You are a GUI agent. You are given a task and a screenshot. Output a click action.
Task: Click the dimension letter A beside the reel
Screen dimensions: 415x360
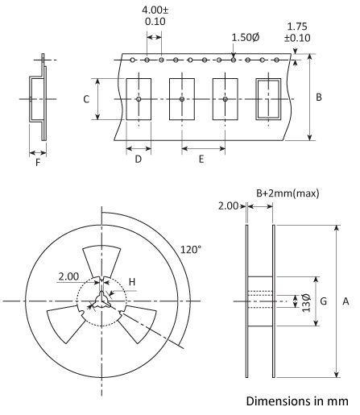tap(345, 301)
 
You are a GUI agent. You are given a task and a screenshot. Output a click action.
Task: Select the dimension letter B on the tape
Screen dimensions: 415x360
tap(319, 98)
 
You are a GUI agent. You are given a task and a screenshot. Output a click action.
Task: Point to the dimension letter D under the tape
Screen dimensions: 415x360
tap(139, 160)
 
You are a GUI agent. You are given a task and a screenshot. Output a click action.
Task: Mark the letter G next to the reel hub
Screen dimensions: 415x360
tap(324, 301)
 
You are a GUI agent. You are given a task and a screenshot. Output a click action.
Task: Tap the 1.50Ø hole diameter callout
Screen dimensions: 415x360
tap(246, 38)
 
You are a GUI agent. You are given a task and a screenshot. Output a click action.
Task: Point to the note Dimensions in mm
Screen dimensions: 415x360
tap(298, 404)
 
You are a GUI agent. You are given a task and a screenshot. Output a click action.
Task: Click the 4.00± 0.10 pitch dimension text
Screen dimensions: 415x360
tap(155, 17)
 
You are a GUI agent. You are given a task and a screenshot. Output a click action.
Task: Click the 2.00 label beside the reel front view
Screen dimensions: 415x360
tap(69, 277)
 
